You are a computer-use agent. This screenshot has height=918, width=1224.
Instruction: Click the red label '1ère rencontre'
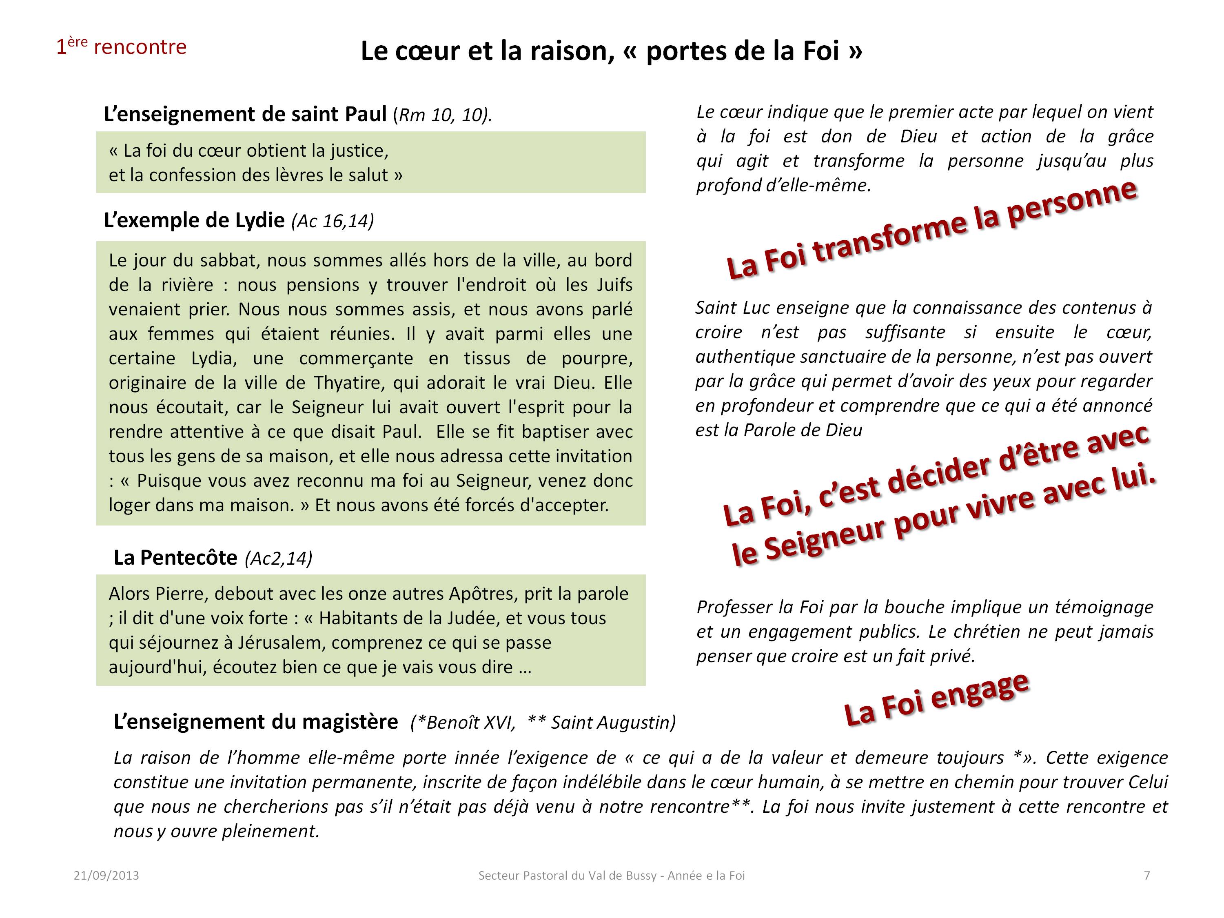tap(121, 47)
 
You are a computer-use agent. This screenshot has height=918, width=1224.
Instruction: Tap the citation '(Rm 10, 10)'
tap(442, 115)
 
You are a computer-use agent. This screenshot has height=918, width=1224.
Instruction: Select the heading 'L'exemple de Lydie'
tap(194, 220)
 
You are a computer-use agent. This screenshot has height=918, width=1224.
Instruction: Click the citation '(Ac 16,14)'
tap(333, 221)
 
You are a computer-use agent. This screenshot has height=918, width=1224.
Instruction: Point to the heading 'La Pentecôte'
tap(175, 557)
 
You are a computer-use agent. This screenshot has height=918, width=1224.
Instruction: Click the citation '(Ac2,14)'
tap(278, 558)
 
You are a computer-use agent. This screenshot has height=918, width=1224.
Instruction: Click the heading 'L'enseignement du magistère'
tap(256, 722)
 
